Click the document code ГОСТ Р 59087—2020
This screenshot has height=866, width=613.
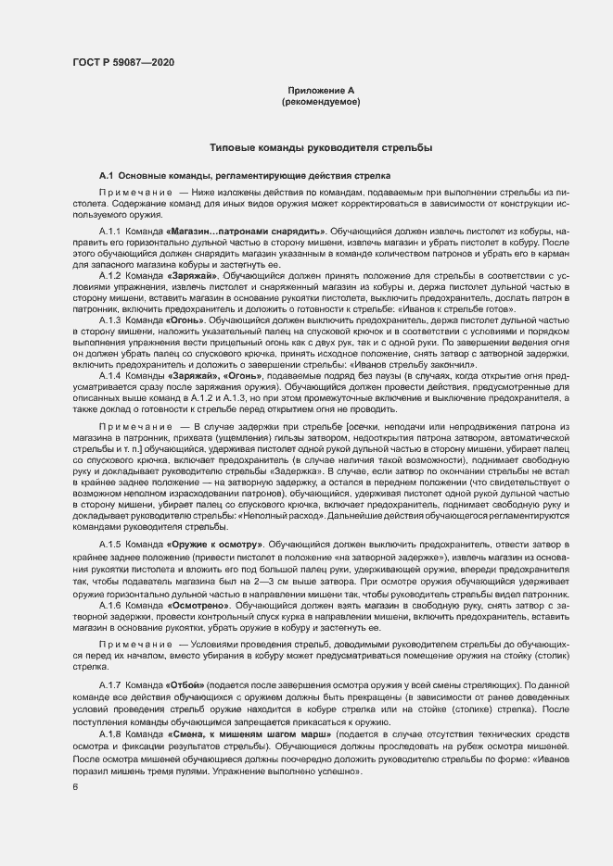click(x=122, y=62)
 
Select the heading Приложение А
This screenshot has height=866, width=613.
click(x=320, y=90)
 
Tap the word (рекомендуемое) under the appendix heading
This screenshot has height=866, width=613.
click(x=320, y=101)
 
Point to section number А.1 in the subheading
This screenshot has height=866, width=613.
click(x=106, y=176)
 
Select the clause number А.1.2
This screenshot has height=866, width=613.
click(x=110, y=276)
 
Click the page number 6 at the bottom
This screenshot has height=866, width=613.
click(x=75, y=788)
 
